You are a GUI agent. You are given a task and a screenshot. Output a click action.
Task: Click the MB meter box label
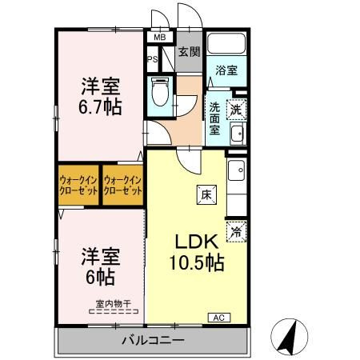(160, 38)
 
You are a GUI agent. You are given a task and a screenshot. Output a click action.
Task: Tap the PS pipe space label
(153, 59)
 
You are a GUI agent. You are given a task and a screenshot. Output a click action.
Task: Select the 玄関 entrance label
(189, 52)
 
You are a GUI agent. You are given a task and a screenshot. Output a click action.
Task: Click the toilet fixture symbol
(160, 91)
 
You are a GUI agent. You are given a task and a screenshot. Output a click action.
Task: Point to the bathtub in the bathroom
(226, 43)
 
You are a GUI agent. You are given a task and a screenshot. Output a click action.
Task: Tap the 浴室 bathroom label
(226, 70)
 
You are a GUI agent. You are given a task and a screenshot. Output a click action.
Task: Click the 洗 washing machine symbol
(236, 110)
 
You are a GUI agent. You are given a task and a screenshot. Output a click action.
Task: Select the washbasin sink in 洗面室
(238, 134)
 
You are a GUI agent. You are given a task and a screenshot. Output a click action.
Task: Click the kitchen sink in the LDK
(237, 170)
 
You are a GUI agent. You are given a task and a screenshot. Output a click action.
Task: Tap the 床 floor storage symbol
(206, 195)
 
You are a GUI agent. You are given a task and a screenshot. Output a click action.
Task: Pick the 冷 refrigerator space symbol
(236, 232)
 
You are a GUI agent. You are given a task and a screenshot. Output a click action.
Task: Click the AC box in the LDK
(219, 318)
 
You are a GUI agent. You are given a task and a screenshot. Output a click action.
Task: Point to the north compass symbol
(290, 338)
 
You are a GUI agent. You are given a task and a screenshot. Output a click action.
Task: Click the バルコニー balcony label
(153, 341)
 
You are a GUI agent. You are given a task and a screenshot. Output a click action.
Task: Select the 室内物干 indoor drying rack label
(114, 304)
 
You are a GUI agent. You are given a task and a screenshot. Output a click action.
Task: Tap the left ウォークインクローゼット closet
(78, 186)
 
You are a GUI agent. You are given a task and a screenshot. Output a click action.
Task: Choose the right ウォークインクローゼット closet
(122, 186)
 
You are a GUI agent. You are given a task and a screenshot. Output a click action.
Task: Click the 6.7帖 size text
(100, 107)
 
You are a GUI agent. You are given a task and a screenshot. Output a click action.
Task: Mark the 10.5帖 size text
(197, 262)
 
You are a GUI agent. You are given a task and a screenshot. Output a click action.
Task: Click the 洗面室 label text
(214, 118)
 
